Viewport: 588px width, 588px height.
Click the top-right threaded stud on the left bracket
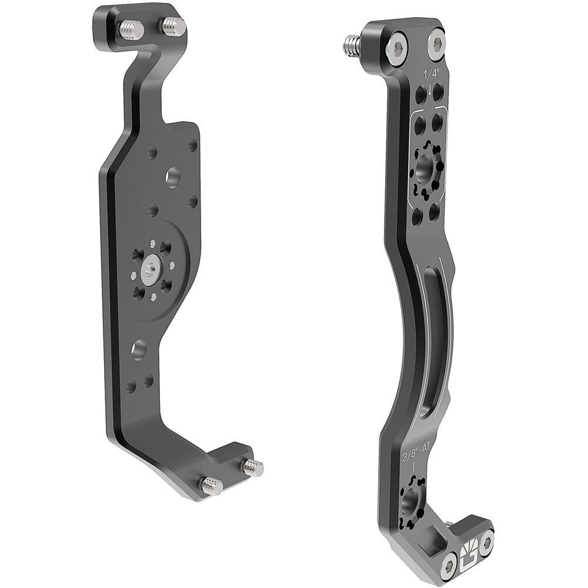pyautogui.click(x=172, y=25)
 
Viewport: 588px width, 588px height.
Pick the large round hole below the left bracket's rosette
pyautogui.click(x=139, y=349)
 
